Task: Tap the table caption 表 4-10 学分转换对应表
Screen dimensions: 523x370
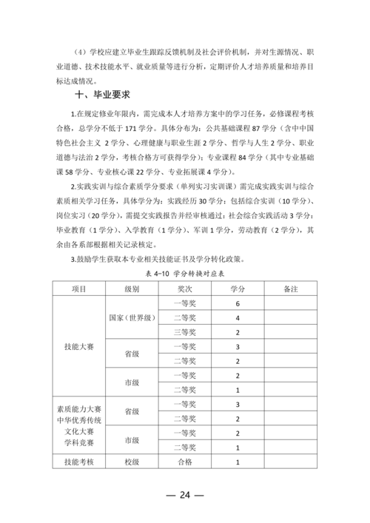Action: (x=185, y=273)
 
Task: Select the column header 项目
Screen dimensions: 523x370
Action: (x=79, y=289)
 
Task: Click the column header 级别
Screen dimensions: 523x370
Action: (x=132, y=289)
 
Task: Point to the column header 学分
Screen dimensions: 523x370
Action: (x=238, y=289)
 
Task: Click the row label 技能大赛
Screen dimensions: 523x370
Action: (x=79, y=347)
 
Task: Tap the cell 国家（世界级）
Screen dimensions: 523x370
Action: (x=132, y=317)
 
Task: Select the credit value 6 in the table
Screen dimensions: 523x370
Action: (x=238, y=304)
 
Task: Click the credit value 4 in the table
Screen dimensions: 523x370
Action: (x=238, y=318)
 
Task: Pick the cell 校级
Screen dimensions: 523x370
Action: (x=132, y=462)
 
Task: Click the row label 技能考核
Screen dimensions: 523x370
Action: (x=79, y=462)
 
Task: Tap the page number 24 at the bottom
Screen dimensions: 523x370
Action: (x=185, y=494)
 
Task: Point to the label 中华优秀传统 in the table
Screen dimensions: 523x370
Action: (x=79, y=418)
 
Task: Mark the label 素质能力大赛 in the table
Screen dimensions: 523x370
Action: (x=79, y=406)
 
